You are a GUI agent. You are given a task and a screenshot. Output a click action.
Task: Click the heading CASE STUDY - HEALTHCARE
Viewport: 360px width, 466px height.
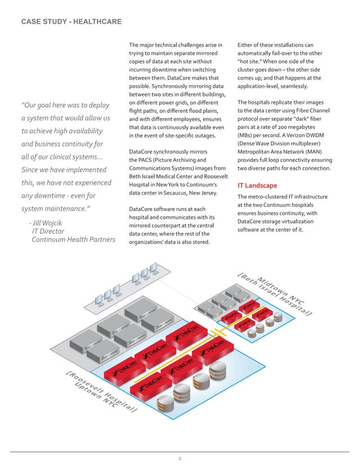[71, 22]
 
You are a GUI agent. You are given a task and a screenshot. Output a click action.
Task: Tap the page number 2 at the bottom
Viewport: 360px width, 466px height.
[179, 458]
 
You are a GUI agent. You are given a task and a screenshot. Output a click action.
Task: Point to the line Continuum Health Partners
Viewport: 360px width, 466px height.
[73, 240]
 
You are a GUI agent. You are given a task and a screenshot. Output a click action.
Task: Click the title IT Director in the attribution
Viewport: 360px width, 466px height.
[48, 231]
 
